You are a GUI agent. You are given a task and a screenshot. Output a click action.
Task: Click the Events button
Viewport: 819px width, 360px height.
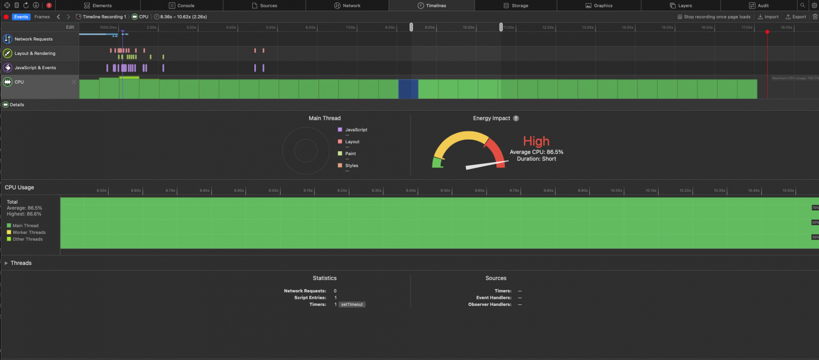[x=21, y=17]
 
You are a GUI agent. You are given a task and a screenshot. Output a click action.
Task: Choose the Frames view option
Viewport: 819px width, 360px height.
[x=42, y=17]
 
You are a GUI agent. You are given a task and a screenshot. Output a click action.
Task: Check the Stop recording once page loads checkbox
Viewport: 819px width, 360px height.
[x=680, y=17]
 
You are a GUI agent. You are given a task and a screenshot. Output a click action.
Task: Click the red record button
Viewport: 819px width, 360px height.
[x=6, y=17]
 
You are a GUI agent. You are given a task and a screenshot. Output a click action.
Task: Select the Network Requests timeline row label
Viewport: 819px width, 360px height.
[x=34, y=39]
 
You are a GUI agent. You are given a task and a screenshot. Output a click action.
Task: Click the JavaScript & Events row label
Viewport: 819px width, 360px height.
[x=35, y=68]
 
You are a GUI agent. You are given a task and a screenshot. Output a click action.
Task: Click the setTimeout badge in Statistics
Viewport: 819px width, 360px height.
[x=352, y=304]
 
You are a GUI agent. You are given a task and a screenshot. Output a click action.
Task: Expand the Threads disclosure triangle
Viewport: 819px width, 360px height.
[x=6, y=263]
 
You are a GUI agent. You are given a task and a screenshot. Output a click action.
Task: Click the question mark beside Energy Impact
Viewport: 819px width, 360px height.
[x=516, y=118]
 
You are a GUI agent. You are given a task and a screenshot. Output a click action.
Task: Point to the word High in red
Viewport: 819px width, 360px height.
[x=536, y=141]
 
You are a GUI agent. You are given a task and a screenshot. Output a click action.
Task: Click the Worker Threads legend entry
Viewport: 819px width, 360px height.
[x=29, y=232]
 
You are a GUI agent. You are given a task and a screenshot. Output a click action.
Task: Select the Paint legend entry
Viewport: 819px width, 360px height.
[x=350, y=154]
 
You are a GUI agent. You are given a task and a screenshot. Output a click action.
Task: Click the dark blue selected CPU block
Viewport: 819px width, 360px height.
[x=408, y=89]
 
